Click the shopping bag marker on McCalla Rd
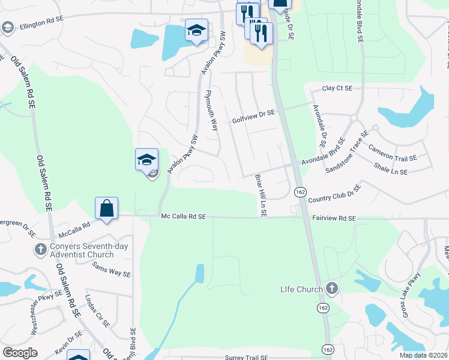click(106, 209)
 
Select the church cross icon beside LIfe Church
click(332, 289)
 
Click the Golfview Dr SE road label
click(253, 116)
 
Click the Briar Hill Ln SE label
click(261, 196)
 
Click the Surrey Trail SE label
click(246, 358)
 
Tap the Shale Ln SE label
click(390, 168)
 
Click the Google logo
click(20, 353)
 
